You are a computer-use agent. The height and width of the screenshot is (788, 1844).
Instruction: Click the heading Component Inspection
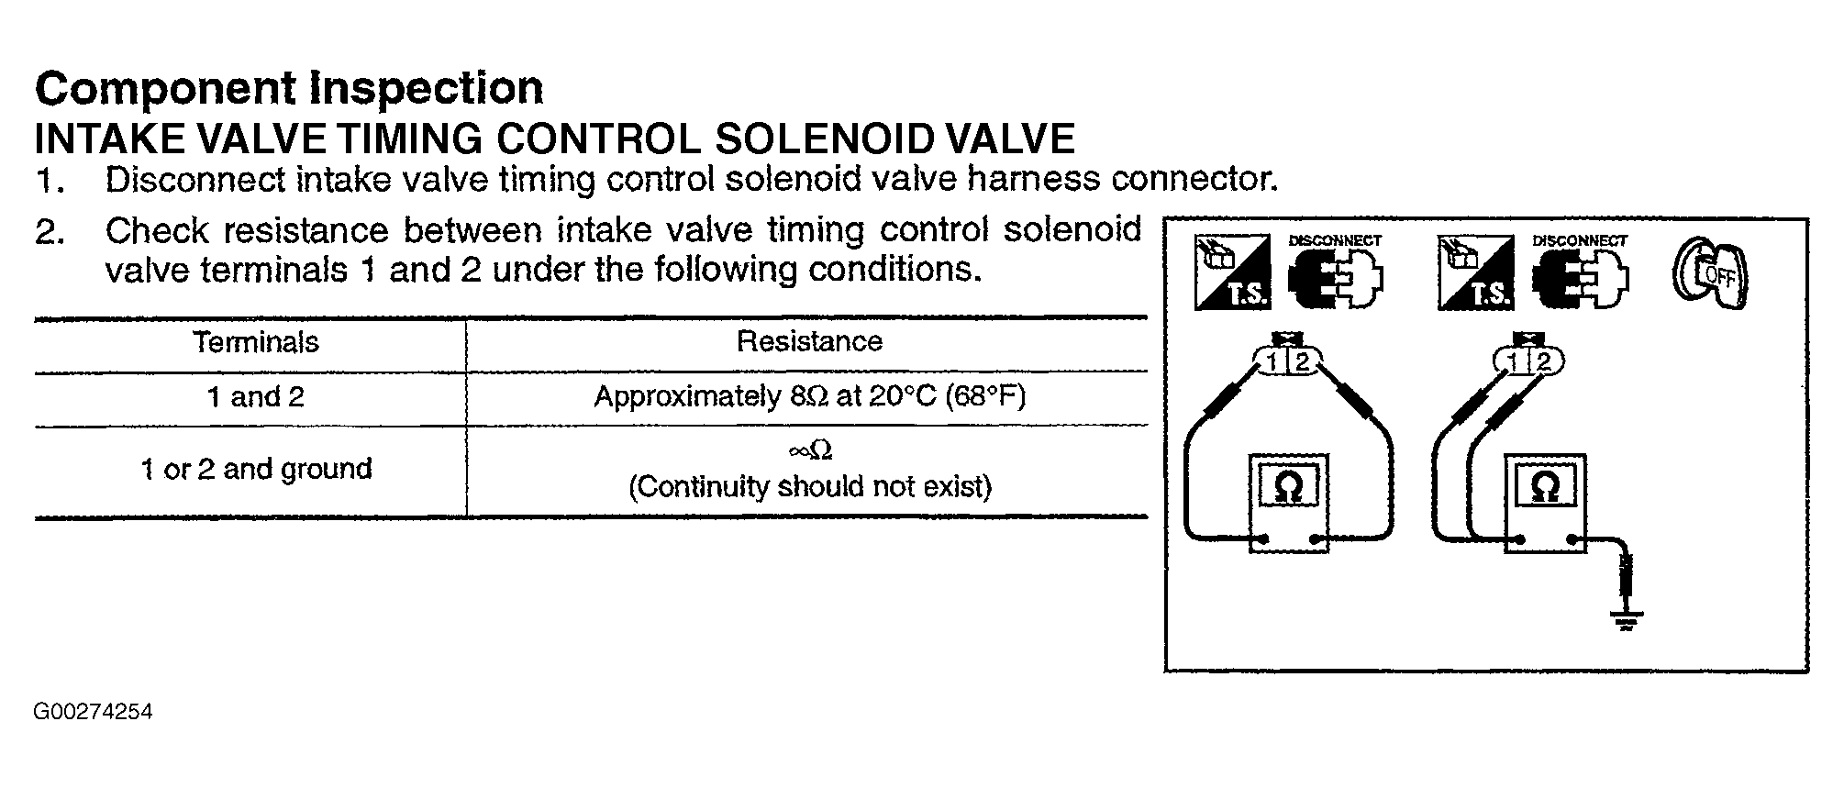pyautogui.click(x=289, y=89)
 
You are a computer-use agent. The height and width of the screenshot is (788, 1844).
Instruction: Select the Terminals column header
pyautogui.click(x=256, y=342)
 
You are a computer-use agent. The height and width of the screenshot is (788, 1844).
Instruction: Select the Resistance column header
pyautogui.click(x=809, y=341)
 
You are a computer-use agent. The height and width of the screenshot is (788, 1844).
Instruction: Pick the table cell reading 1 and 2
pyautogui.click(x=255, y=397)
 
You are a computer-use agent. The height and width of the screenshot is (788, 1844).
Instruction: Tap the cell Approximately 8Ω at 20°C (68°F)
pyautogui.click(x=809, y=396)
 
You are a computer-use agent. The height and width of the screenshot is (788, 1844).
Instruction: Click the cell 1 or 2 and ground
pyautogui.click(x=256, y=470)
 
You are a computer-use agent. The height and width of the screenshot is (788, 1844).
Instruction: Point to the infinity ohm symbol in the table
pyautogui.click(x=809, y=450)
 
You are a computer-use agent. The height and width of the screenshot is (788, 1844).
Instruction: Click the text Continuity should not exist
pyautogui.click(x=809, y=486)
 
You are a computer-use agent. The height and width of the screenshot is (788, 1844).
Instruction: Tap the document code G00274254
pyautogui.click(x=94, y=713)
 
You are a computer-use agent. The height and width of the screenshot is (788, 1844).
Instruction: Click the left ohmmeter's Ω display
pyautogui.click(x=1288, y=485)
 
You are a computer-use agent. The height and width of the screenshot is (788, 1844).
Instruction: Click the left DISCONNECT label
pyautogui.click(x=1335, y=240)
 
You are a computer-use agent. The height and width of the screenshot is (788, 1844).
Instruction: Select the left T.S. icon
pyautogui.click(x=1232, y=272)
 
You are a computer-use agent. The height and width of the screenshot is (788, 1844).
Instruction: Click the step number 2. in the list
pyautogui.click(x=50, y=231)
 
